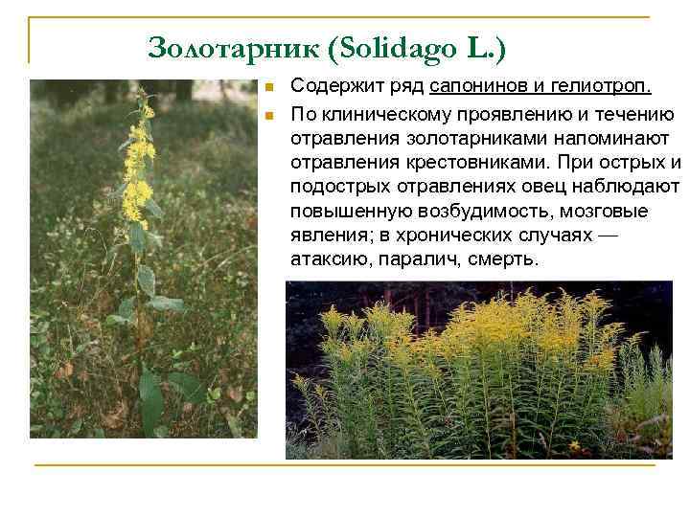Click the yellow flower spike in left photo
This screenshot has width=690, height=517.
point(139,163)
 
